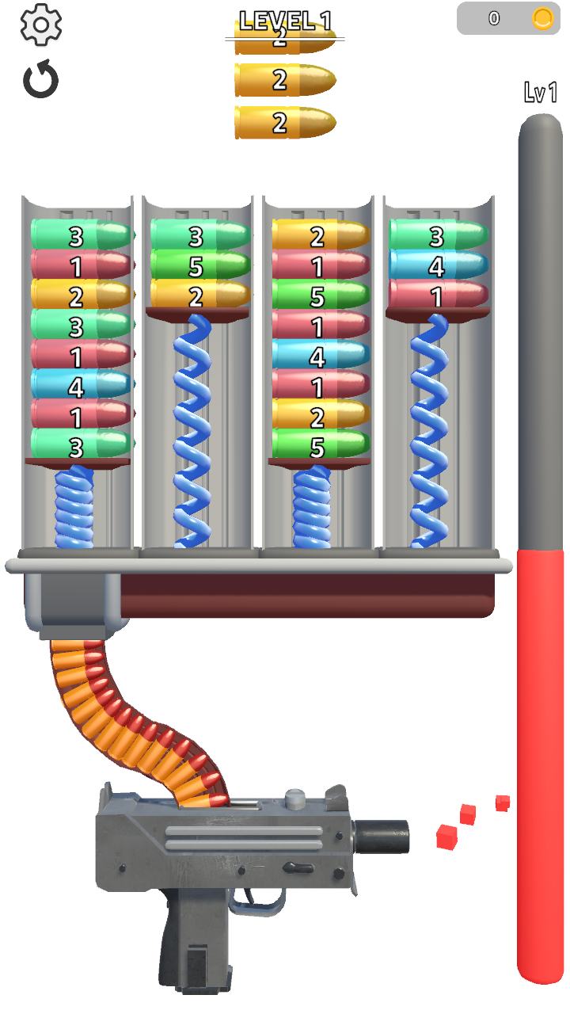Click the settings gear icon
click(x=41, y=25)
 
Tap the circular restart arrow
click(x=41, y=80)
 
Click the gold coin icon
click(x=542, y=18)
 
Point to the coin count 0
click(x=494, y=18)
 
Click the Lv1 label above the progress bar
click(x=541, y=93)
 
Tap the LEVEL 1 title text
click(x=285, y=20)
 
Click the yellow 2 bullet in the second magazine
click(x=200, y=295)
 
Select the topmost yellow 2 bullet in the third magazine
click(x=321, y=235)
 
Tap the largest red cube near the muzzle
click(x=447, y=836)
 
